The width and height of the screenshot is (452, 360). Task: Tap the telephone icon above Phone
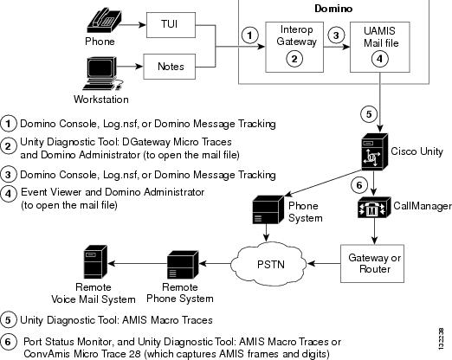tap(104, 21)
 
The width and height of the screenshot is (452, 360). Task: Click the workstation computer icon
tap(102, 74)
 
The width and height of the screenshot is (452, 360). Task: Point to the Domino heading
tap(333, 9)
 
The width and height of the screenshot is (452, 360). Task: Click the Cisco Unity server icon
tap(375, 151)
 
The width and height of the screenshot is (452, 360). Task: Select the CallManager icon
tap(374, 207)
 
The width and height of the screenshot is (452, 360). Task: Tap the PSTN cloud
tap(268, 264)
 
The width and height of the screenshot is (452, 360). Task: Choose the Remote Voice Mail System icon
tap(95, 262)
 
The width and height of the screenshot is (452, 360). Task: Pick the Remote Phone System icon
tap(183, 265)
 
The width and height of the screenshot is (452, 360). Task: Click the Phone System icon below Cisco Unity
tap(268, 209)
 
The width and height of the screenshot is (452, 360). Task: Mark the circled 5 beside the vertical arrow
tap(369, 114)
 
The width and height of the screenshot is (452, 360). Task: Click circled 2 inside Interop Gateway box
tap(294, 59)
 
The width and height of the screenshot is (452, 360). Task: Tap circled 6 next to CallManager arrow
tap(359, 185)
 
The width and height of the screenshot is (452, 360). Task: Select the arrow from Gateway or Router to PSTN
tap(324, 263)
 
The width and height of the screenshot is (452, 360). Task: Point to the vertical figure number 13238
tap(441, 339)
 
